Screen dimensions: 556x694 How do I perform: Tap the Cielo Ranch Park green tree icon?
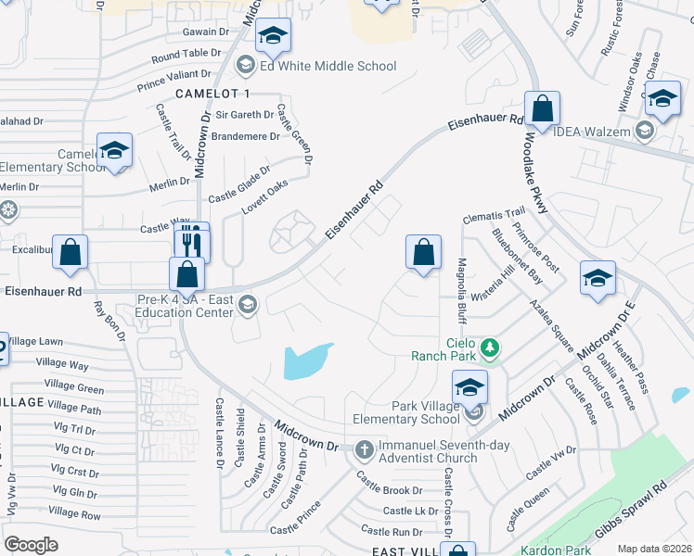point(490,348)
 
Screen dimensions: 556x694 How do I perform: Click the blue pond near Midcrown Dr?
point(307,361)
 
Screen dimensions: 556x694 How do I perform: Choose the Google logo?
point(32,544)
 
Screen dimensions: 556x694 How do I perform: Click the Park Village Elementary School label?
point(413,412)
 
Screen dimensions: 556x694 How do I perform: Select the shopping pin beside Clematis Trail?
point(423,252)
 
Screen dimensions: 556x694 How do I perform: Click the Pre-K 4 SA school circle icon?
point(248,304)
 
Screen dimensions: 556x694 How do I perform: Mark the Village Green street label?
point(74,388)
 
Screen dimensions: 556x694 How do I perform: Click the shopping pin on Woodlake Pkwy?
point(542,109)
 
